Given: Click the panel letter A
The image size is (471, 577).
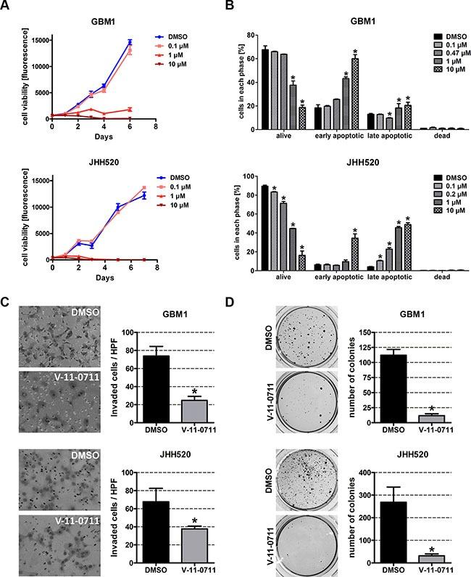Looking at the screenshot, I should pyautogui.click(x=8, y=8).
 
